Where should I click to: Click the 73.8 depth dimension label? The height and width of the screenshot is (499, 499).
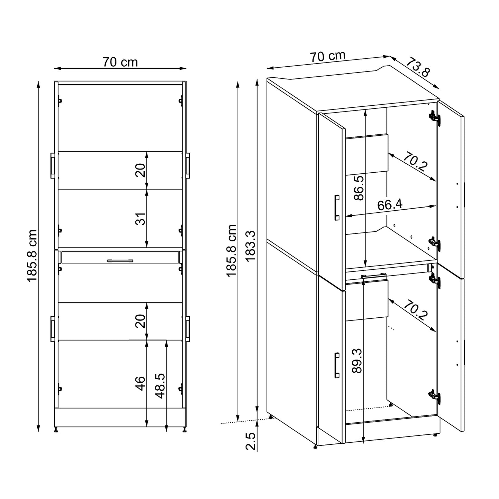click(x=418, y=68)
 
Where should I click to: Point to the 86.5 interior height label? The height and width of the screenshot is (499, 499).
click(x=359, y=188)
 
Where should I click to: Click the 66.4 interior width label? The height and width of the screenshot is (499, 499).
click(x=390, y=205)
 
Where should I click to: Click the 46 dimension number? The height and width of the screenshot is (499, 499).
click(x=140, y=383)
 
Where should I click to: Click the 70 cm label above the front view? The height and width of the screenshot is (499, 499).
click(x=120, y=62)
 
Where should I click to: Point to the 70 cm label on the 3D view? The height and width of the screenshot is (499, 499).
click(x=327, y=56)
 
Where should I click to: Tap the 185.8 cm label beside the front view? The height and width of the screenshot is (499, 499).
click(x=32, y=256)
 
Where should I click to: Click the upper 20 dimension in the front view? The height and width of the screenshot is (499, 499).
click(x=141, y=170)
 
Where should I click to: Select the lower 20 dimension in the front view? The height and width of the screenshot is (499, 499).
click(x=141, y=321)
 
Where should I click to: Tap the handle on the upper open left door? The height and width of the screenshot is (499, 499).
click(x=337, y=207)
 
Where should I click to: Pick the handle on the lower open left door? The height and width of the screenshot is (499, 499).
click(x=337, y=365)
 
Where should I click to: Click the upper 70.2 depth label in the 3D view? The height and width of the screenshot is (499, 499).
click(x=415, y=162)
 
